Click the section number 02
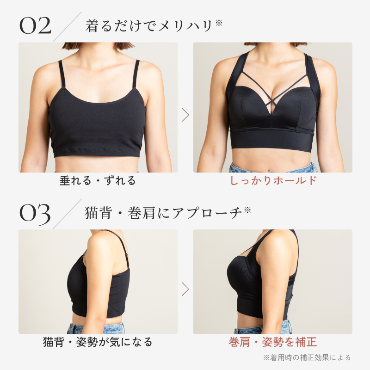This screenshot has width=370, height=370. point(36,25)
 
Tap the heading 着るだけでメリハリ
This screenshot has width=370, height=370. point(149,26)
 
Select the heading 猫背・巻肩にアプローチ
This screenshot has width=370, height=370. point(163,213)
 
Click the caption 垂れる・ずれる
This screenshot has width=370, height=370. point(98,181)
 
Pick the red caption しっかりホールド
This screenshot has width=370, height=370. point(273,180)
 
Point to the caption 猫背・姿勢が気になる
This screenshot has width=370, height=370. point(98,342)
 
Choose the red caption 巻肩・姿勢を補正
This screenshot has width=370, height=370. point(273,342)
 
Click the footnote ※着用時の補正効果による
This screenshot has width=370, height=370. point(307,358)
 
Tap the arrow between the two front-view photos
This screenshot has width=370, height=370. point(185,115)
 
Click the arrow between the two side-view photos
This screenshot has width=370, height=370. point(185,289)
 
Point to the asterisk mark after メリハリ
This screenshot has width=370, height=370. point(219,23)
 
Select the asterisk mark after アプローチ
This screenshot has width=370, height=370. point(247,210)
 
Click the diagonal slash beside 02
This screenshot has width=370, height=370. point(67,27)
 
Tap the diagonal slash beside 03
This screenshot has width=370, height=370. point(67,214)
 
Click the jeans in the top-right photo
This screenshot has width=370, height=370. point(272,167)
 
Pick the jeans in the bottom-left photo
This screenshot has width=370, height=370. point(96,328)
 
